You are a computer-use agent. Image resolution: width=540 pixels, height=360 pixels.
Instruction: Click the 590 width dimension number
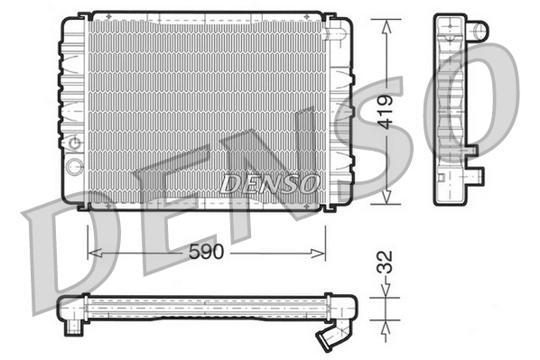click(206, 254)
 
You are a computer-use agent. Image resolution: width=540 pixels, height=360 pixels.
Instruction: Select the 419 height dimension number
click(386, 112)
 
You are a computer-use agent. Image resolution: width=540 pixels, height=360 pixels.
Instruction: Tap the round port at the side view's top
click(479, 30)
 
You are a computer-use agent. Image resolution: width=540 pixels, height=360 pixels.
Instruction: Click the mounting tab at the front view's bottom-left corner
click(84, 207)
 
